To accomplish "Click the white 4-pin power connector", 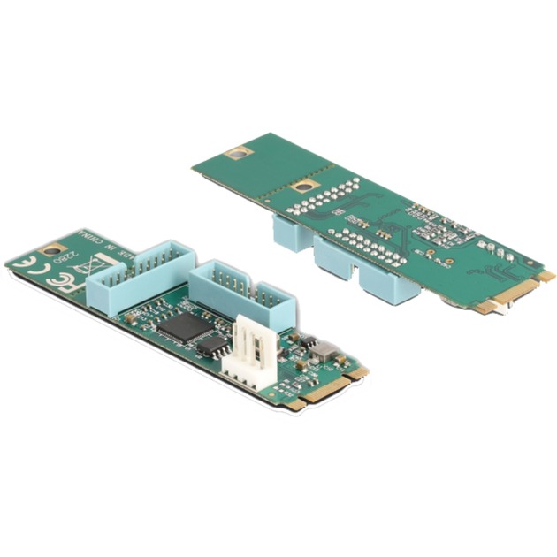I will pyautogui.click(x=247, y=349).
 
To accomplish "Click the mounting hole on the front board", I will pyautogui.click(x=54, y=250).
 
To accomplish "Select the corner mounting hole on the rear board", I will pyautogui.click(x=235, y=153).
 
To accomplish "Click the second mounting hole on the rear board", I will pyautogui.click(x=305, y=187).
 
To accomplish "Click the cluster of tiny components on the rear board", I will pyautogui.click(x=442, y=230).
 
